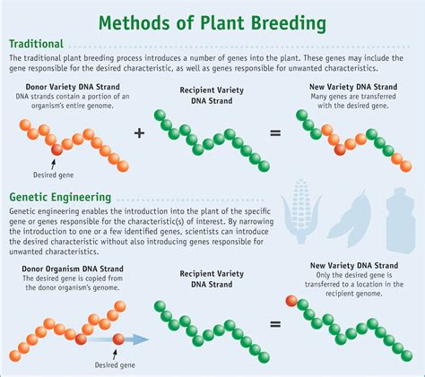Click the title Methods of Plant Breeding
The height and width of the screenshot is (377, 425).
tap(212, 23)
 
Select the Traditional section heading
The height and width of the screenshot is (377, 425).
tap(36, 44)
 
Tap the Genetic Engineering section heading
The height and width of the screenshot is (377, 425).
tap(60, 197)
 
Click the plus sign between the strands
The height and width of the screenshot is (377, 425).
tap(139, 133)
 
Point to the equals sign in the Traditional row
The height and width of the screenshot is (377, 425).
tap(275, 133)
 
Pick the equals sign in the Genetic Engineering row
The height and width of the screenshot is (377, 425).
tap(275, 324)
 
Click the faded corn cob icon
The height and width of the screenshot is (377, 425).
tap(301, 211)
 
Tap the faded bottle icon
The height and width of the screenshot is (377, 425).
tap(400, 220)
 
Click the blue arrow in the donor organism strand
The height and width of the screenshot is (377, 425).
tap(118, 339)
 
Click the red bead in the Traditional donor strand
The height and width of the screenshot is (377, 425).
tap(56, 150)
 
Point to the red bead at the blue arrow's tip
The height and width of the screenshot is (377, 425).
tap(118, 339)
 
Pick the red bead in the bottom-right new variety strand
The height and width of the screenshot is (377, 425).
tap(291, 301)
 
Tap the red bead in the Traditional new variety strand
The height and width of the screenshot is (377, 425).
tap(340, 150)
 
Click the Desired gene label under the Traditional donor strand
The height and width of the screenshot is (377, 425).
tap(53, 175)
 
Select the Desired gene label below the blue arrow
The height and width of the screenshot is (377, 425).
tap(115, 364)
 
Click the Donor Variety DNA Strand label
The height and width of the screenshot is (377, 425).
tap(73, 87)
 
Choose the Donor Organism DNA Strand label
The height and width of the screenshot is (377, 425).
tap(73, 269)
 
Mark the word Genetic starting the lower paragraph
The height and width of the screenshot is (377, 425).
tap(25, 211)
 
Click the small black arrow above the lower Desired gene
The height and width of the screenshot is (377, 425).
tap(115, 355)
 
